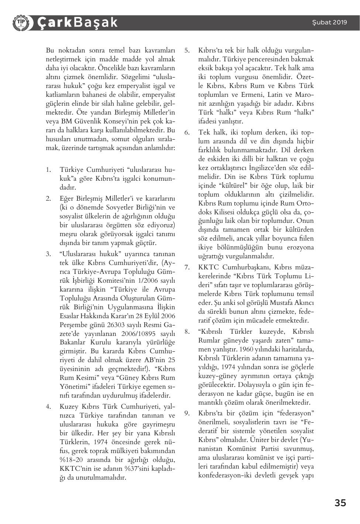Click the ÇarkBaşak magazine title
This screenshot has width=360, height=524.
pyautogui.click(x=77, y=23)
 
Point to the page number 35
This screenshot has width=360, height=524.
pyautogui.click(x=340, y=503)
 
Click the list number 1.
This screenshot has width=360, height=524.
pyautogui.click(x=48, y=170)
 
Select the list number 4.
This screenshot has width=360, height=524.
pyautogui.click(x=48, y=406)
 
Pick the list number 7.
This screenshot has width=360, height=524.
pyautogui.click(x=187, y=267)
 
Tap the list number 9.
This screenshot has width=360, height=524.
pyautogui.click(x=187, y=413)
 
